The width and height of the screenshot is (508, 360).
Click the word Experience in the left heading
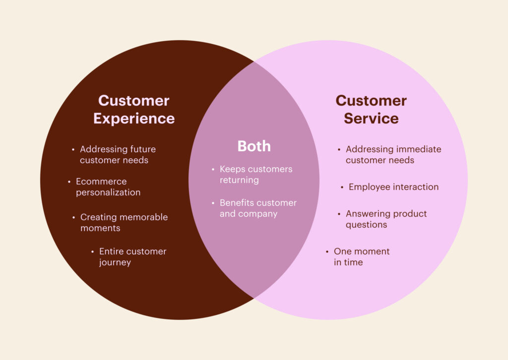(134, 119)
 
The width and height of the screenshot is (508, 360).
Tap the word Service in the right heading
(371, 118)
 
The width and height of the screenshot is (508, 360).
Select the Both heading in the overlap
(254, 146)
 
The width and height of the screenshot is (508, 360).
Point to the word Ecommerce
(101, 181)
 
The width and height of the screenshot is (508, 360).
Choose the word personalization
(108, 192)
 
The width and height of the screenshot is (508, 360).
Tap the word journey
(115, 262)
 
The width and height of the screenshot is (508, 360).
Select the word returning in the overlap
(239, 180)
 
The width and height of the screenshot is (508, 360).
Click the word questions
(366, 225)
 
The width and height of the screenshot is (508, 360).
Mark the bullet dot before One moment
(327, 251)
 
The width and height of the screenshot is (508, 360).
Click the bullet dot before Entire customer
(92, 251)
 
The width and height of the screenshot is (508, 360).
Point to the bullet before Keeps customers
(213, 169)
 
